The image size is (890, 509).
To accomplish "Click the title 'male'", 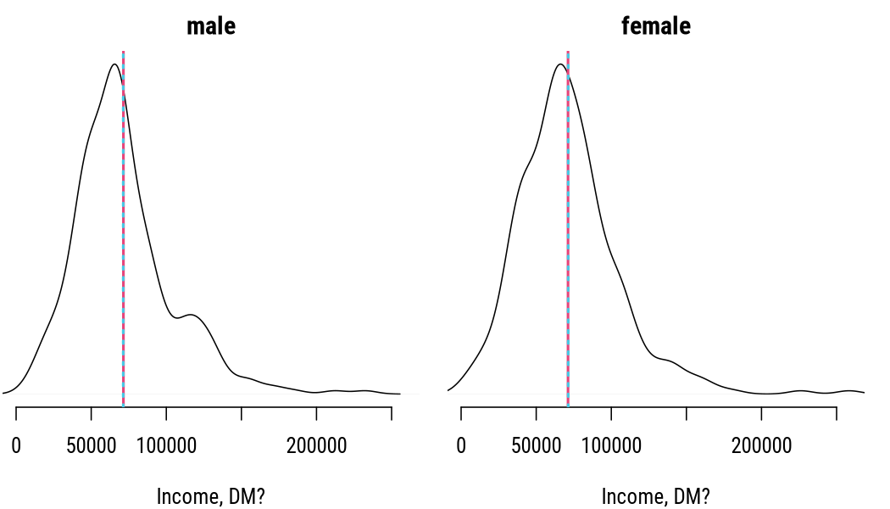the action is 211,26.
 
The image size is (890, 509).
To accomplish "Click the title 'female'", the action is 655,26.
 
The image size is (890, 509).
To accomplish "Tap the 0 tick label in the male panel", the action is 16,446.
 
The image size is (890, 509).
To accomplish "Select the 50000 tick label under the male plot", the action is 92,446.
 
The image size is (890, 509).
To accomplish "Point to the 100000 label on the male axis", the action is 166,446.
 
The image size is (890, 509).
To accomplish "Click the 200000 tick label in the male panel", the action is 317,446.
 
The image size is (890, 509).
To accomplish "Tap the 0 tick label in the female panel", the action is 461,446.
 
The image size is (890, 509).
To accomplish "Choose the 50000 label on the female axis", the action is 537,446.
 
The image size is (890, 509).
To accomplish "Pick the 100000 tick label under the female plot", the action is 611,446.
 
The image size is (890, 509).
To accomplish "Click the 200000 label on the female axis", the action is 762,446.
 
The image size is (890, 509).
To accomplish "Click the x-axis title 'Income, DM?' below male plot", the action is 210,496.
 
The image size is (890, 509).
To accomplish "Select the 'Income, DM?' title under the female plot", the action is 655,496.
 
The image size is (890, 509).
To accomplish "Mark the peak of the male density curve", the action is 114,64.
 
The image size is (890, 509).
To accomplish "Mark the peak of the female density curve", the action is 560,64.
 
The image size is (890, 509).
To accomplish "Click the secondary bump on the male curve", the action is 192,315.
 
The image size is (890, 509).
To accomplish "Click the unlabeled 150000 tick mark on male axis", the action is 242,414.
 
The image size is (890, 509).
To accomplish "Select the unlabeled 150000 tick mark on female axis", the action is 687,414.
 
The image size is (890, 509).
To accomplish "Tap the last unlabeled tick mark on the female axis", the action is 836,414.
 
